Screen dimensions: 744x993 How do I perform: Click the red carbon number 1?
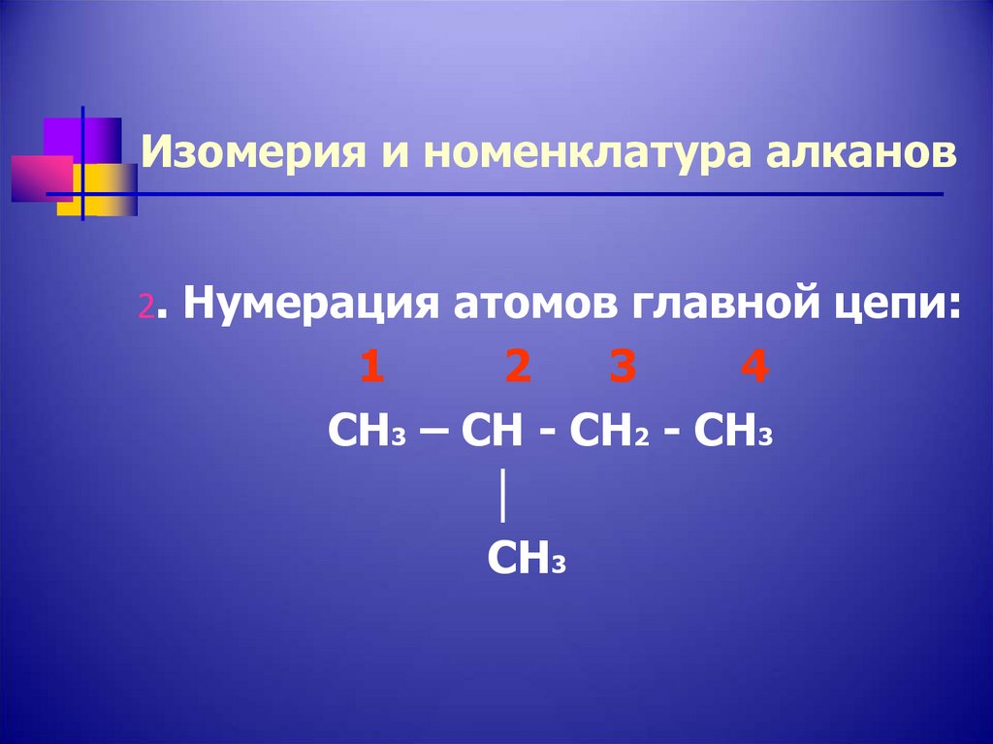[370, 369]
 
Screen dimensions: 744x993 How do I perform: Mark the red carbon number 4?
[753, 369]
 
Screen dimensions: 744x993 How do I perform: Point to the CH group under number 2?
[492, 430]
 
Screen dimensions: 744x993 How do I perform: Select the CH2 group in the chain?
[607, 430]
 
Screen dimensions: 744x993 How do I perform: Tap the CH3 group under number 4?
[734, 430]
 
